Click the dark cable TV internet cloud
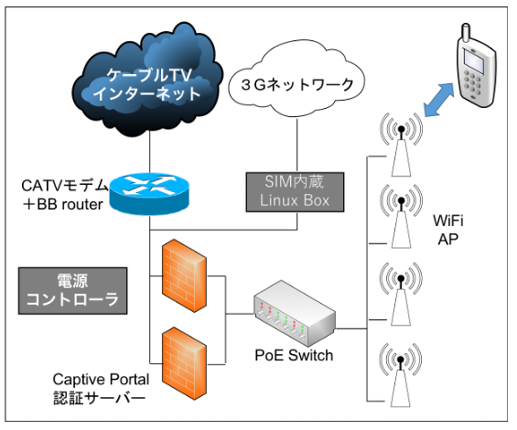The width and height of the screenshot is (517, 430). (147, 81)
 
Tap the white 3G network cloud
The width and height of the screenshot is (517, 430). (296, 80)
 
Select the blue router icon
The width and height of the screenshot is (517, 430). (149, 194)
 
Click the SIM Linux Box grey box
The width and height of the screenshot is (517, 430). (295, 191)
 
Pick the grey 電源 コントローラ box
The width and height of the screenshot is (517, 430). (72, 291)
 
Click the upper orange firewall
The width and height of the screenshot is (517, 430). (184, 275)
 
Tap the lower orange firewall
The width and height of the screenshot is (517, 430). (184, 363)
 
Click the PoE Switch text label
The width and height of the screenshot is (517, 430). (294, 356)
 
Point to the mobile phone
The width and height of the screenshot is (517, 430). (476, 66)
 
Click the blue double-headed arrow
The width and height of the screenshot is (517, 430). (438, 100)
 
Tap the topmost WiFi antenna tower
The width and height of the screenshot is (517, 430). (401, 145)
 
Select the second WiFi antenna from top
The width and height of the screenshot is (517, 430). (401, 216)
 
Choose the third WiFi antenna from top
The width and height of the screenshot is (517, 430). (401, 294)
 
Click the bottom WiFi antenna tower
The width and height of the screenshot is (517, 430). (401, 375)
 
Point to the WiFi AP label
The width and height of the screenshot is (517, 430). (448, 230)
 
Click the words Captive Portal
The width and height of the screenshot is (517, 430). (101, 380)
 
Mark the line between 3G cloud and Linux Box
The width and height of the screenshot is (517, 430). (297, 145)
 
